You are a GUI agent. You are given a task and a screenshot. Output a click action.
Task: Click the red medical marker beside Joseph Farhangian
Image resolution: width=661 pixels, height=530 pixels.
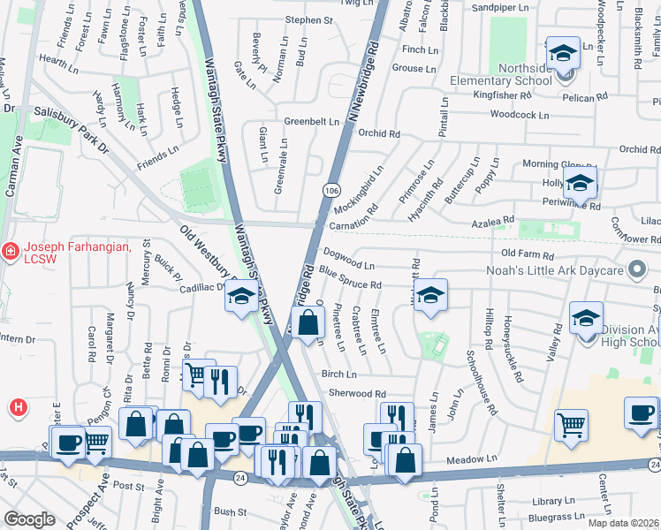[9, 252]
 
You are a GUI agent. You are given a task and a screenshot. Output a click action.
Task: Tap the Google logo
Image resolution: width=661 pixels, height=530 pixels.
[29, 519]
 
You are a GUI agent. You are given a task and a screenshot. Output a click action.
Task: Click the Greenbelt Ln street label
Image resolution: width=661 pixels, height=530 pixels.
[311, 122]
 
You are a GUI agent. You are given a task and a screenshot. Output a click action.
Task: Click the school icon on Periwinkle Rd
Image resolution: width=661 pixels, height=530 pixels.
[579, 184]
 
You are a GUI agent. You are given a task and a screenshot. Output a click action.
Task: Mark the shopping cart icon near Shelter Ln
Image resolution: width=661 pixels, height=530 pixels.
[571, 426]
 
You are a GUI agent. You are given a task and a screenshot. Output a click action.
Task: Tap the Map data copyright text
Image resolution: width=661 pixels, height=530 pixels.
[624, 523]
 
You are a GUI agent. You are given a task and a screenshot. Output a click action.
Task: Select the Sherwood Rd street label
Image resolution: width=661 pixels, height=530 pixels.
[357, 394]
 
